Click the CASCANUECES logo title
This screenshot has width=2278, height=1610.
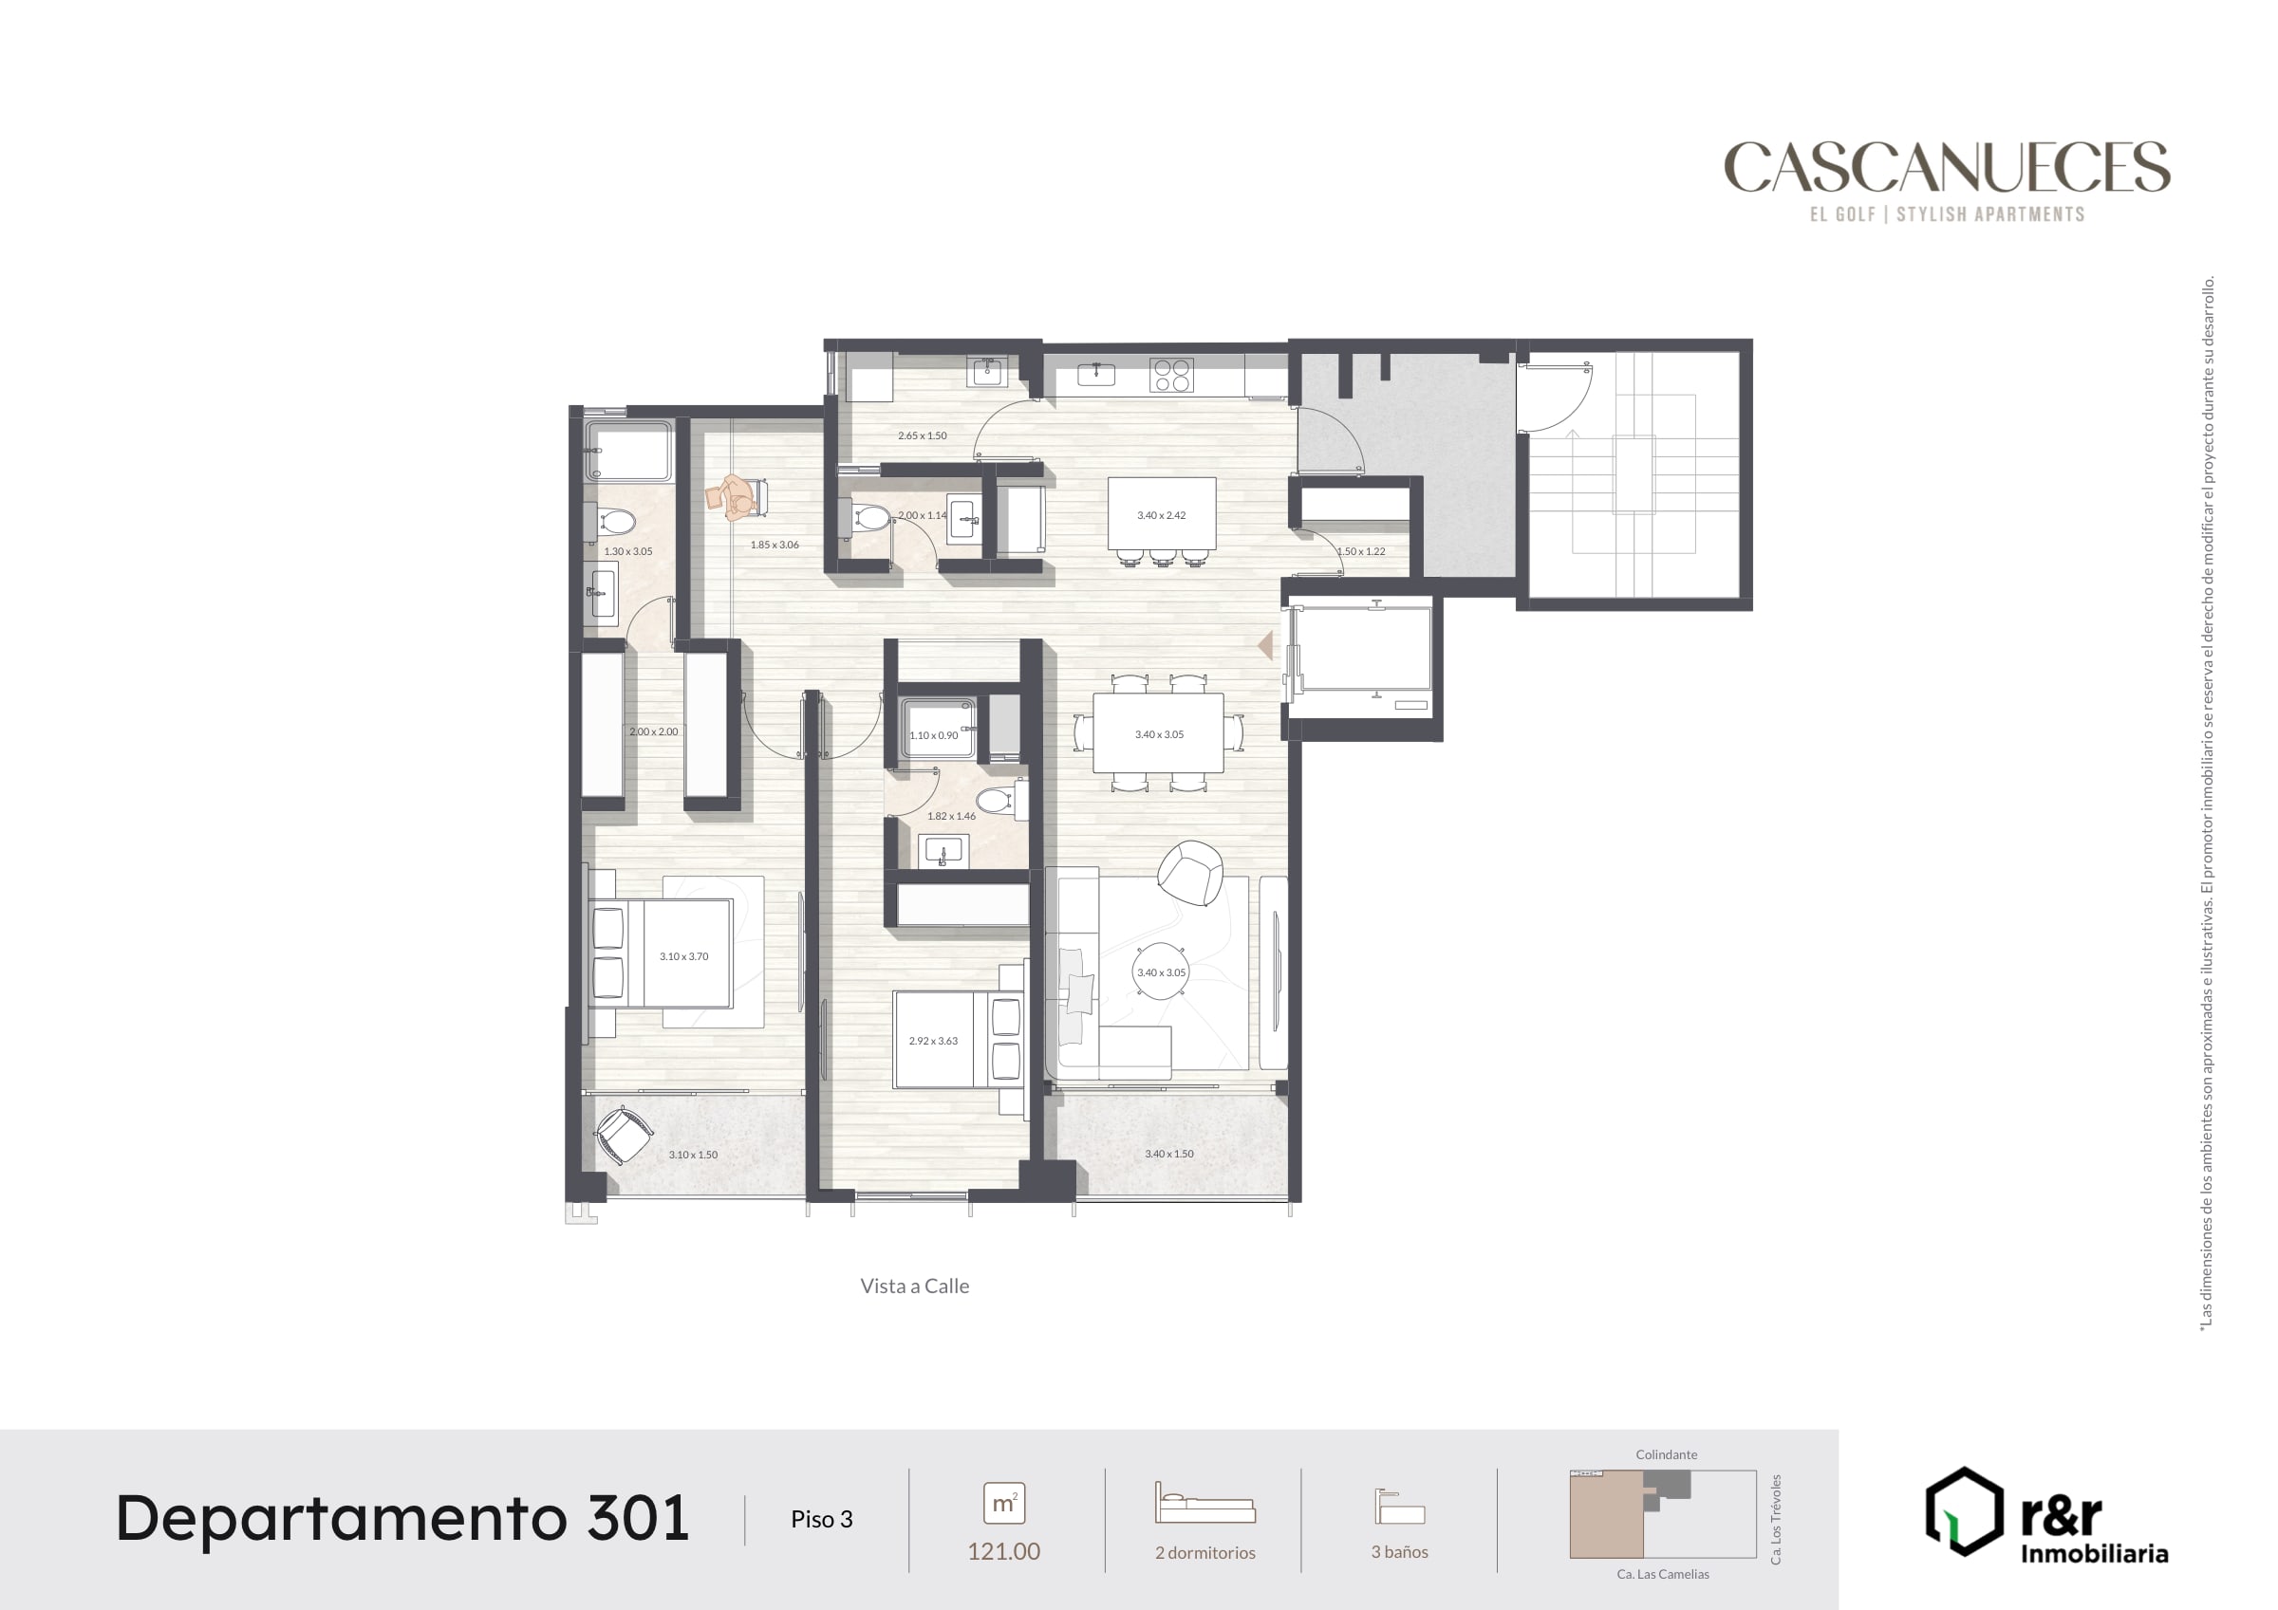tap(1947, 167)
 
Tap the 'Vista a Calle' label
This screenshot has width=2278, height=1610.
tap(915, 1286)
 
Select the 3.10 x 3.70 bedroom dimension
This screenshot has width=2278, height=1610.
tap(683, 956)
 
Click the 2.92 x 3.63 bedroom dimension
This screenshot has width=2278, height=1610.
tap(934, 1041)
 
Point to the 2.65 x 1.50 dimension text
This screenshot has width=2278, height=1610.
tap(923, 435)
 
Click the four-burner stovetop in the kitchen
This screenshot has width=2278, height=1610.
tap(1171, 376)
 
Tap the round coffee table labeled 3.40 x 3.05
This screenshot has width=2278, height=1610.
tap(1161, 972)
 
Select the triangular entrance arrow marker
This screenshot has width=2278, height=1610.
tap(1265, 646)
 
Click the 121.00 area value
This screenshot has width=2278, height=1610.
tap(1004, 1551)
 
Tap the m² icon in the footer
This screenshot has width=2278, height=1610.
tap(1004, 1504)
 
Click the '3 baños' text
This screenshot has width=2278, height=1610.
tap(1400, 1551)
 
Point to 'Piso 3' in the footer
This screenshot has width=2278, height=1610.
tap(822, 1519)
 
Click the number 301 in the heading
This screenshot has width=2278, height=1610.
tap(638, 1518)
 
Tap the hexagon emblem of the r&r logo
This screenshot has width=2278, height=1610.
tap(1964, 1510)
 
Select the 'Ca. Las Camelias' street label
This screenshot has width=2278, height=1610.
tap(1663, 1574)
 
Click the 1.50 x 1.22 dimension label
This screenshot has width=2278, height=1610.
tap(1361, 551)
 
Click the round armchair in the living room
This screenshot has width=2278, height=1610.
tap(1190, 873)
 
